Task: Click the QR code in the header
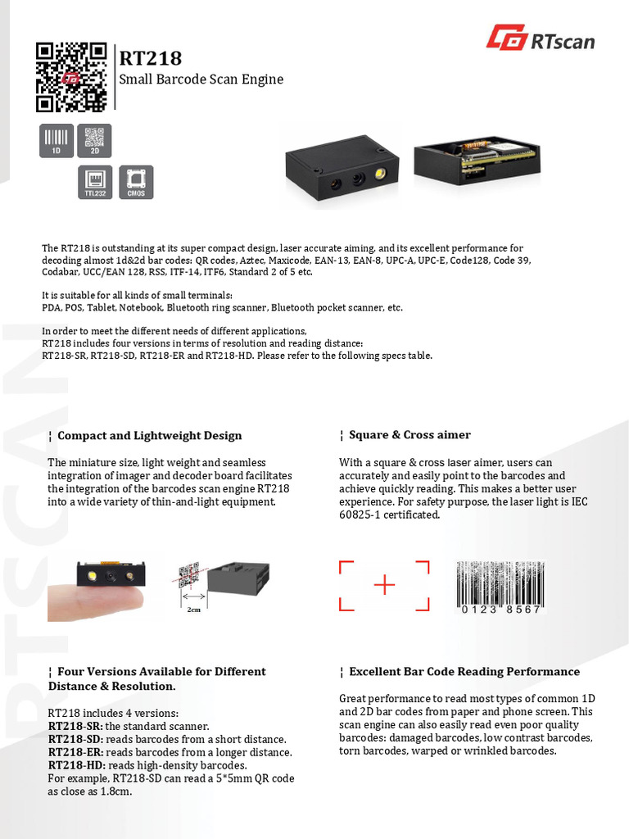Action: click(71, 76)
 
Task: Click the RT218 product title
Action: click(151, 58)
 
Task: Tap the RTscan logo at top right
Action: click(541, 38)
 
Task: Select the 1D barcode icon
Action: click(57, 140)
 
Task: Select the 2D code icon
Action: click(94, 140)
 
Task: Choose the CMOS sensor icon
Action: click(135, 182)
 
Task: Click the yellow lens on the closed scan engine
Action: click(381, 174)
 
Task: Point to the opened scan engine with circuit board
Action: click(477, 160)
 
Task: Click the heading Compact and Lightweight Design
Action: click(149, 435)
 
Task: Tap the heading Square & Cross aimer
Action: click(410, 435)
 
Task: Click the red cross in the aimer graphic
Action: click(384, 585)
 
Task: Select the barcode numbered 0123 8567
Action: click(500, 588)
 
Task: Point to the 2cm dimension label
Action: click(194, 610)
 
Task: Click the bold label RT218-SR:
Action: click(75, 726)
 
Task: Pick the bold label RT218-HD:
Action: click(76, 765)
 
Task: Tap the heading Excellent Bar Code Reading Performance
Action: click(464, 672)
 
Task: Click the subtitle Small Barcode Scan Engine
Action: click(201, 79)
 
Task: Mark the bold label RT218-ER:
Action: click(75, 752)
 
